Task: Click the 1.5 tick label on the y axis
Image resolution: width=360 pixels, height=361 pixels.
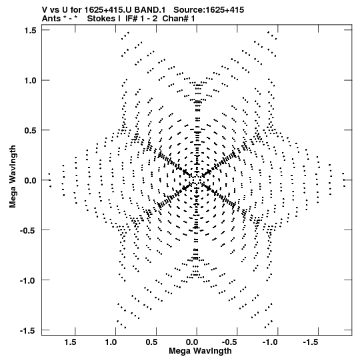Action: click(x=31, y=31)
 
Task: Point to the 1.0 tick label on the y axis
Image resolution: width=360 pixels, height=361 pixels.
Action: click(x=31, y=81)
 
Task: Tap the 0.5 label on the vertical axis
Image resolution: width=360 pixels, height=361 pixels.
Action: click(x=31, y=131)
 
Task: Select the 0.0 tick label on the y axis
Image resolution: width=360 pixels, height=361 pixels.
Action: click(x=31, y=180)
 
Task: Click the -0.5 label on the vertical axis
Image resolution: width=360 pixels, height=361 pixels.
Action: click(x=28, y=230)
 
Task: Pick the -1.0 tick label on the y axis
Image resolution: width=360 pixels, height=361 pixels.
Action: click(x=28, y=281)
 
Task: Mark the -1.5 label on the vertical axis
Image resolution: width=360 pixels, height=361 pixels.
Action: click(x=28, y=331)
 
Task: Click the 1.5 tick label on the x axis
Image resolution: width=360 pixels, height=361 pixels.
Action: click(x=71, y=342)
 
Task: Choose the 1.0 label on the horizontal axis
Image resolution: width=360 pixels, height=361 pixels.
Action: click(x=111, y=342)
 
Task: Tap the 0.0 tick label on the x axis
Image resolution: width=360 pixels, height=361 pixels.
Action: click(x=192, y=342)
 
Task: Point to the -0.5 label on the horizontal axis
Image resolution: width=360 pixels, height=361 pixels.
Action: click(x=231, y=342)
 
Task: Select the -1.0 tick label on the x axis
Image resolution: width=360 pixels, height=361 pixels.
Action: click(x=271, y=342)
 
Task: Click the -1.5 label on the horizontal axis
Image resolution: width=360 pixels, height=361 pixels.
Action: click(x=311, y=342)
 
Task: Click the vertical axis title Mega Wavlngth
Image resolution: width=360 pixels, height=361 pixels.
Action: click(x=13, y=177)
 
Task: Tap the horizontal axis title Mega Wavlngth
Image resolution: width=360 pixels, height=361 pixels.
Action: click(x=200, y=351)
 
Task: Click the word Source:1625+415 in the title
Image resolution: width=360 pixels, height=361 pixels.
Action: click(x=209, y=10)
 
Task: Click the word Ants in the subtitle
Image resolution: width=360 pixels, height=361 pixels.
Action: click(x=51, y=19)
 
